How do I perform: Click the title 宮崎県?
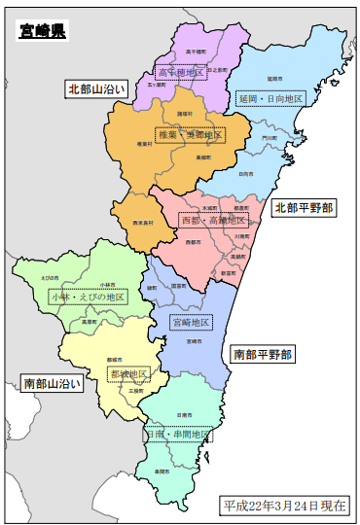pyautogui.click(x=42, y=31)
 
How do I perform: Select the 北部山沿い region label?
pyautogui.click(x=95, y=88)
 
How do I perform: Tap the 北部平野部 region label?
pyautogui.click(x=304, y=207)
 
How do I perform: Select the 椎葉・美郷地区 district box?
pyautogui.click(x=191, y=134)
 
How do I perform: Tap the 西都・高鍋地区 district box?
pyautogui.click(x=213, y=222)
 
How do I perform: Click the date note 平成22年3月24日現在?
pyautogui.click(x=285, y=506)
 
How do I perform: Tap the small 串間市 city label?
pyautogui.click(x=161, y=471)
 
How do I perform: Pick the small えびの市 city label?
pyautogui.click(x=50, y=278)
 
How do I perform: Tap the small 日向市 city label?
pyautogui.click(x=245, y=173)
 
